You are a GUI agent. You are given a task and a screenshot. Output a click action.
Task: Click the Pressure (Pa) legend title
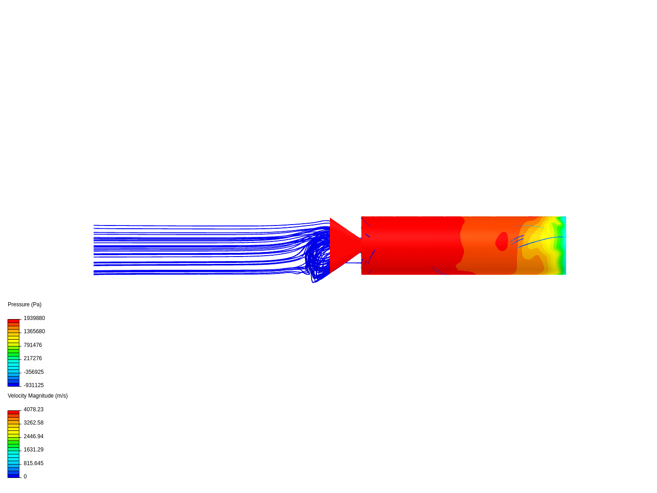(25, 304)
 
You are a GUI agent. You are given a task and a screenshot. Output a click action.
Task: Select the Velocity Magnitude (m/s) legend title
(38, 396)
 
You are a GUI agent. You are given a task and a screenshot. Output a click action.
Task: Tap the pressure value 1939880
(34, 318)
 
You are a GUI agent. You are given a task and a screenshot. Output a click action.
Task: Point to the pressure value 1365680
(34, 331)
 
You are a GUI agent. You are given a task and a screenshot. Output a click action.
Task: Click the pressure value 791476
(33, 345)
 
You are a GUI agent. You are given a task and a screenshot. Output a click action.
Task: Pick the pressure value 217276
(33, 358)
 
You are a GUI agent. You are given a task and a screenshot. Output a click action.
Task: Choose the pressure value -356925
(33, 372)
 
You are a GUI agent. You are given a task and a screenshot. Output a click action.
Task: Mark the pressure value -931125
(33, 385)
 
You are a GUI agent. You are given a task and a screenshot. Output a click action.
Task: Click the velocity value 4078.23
(33, 409)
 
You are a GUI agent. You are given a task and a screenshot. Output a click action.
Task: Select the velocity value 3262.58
(33, 423)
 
